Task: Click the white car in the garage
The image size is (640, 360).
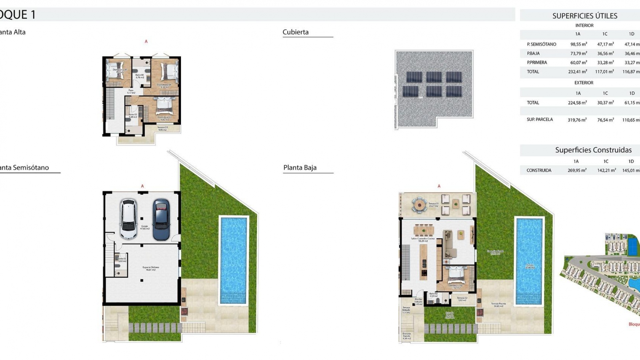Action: (x=129, y=219)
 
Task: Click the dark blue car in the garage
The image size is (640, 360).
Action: (x=161, y=219)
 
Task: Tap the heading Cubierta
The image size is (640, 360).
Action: (x=296, y=32)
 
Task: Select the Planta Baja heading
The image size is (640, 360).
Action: (x=300, y=168)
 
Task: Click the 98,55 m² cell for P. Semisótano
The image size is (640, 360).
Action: (x=578, y=44)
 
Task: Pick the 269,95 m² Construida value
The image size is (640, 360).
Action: (x=577, y=170)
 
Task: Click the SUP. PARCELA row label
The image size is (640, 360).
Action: (x=540, y=119)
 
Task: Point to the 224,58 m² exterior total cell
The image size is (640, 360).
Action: (x=577, y=103)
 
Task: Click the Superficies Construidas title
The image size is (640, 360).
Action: (x=593, y=150)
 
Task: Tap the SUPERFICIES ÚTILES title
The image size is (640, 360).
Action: (x=585, y=16)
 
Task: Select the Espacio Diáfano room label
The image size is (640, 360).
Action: (x=151, y=268)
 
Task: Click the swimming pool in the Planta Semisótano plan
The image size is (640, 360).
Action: (x=234, y=260)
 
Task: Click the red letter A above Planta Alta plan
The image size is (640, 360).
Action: (x=146, y=42)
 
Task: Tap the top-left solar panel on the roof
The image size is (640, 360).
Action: (x=414, y=77)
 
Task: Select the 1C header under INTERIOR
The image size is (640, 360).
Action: (x=605, y=34)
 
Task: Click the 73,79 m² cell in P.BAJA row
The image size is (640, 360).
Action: (x=578, y=53)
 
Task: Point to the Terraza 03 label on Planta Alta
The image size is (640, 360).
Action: (x=163, y=128)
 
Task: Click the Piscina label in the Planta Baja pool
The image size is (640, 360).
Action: (x=530, y=266)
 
